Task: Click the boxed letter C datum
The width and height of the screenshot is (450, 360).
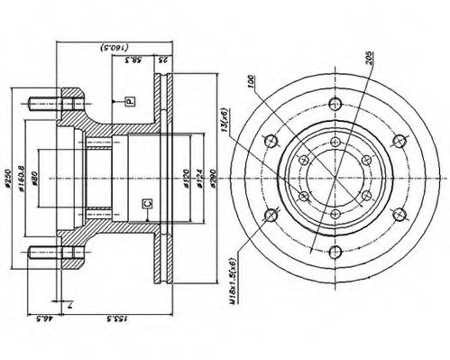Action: click(147, 205)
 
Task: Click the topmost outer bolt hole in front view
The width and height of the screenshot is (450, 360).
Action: click(335, 100)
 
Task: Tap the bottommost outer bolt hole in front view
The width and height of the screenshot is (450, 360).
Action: click(335, 255)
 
